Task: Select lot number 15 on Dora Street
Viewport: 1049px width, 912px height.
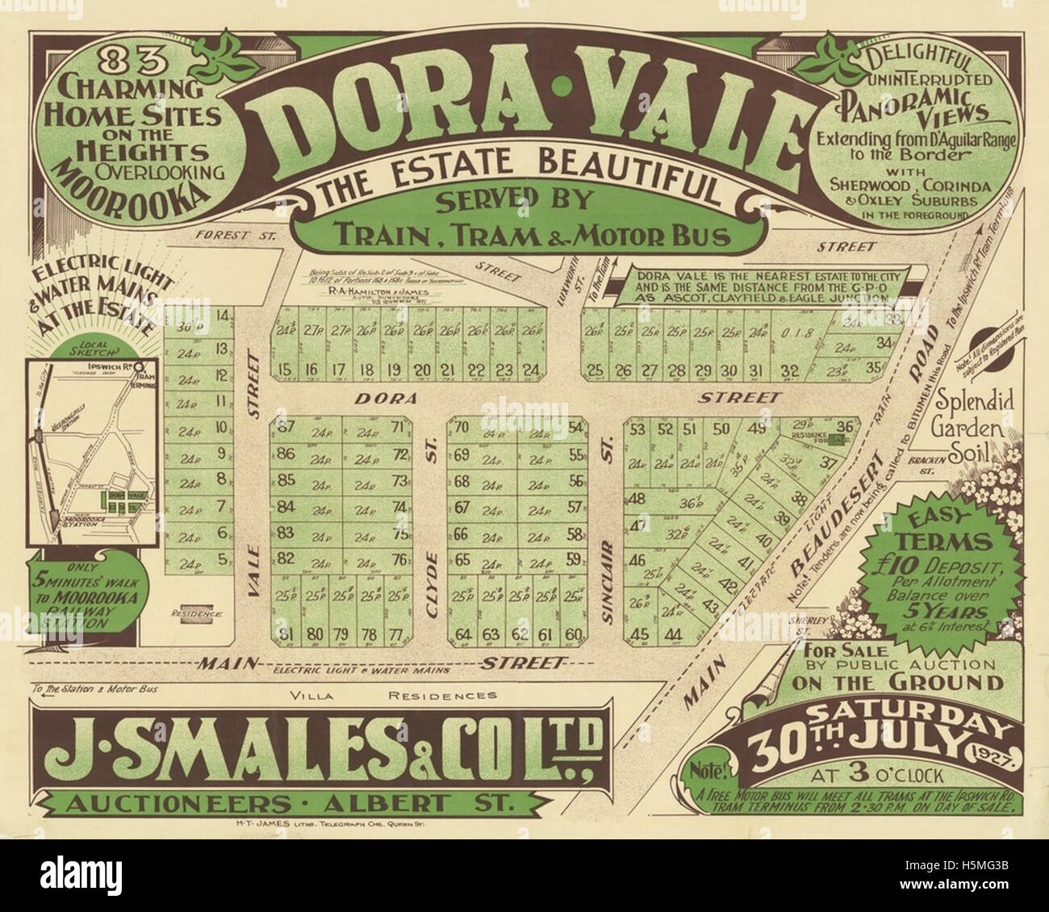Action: [x=283, y=370]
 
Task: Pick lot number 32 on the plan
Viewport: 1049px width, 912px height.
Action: [x=791, y=371]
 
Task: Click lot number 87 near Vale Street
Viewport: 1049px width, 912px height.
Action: [x=284, y=428]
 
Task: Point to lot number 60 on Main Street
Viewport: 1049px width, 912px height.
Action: [x=574, y=634]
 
